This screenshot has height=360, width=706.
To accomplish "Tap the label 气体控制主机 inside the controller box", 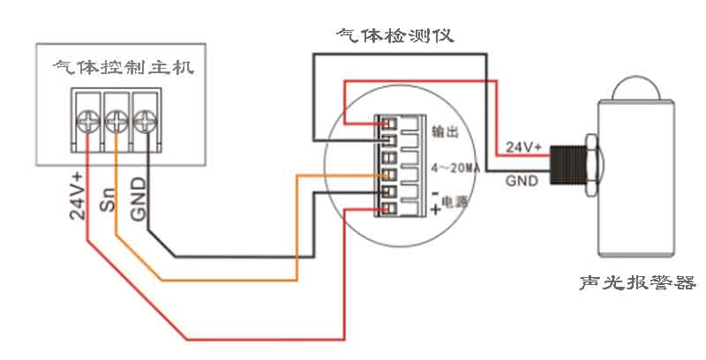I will coord(122,68).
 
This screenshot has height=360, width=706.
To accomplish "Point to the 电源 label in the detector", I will coord(454,202).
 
